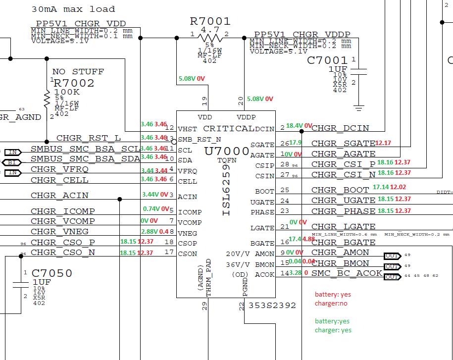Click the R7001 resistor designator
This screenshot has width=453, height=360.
click(210, 21)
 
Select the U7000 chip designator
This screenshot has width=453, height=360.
click(227, 152)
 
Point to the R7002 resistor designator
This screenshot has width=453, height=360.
click(74, 83)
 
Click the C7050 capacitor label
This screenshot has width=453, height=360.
click(52, 273)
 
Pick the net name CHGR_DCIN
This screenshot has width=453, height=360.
click(340, 128)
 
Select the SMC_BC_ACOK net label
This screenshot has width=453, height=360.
click(347, 273)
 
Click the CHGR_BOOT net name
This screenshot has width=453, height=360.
click(340, 190)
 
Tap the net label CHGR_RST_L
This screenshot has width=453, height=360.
click(89, 138)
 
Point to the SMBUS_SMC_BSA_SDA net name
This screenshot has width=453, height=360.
click(85, 159)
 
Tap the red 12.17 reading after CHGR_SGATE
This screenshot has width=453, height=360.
click(383, 143)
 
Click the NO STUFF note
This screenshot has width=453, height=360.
click(78, 72)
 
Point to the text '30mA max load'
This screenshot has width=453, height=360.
click(73, 9)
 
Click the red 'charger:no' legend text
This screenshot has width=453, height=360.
click(331, 304)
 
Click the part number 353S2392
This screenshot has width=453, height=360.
click(272, 306)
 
